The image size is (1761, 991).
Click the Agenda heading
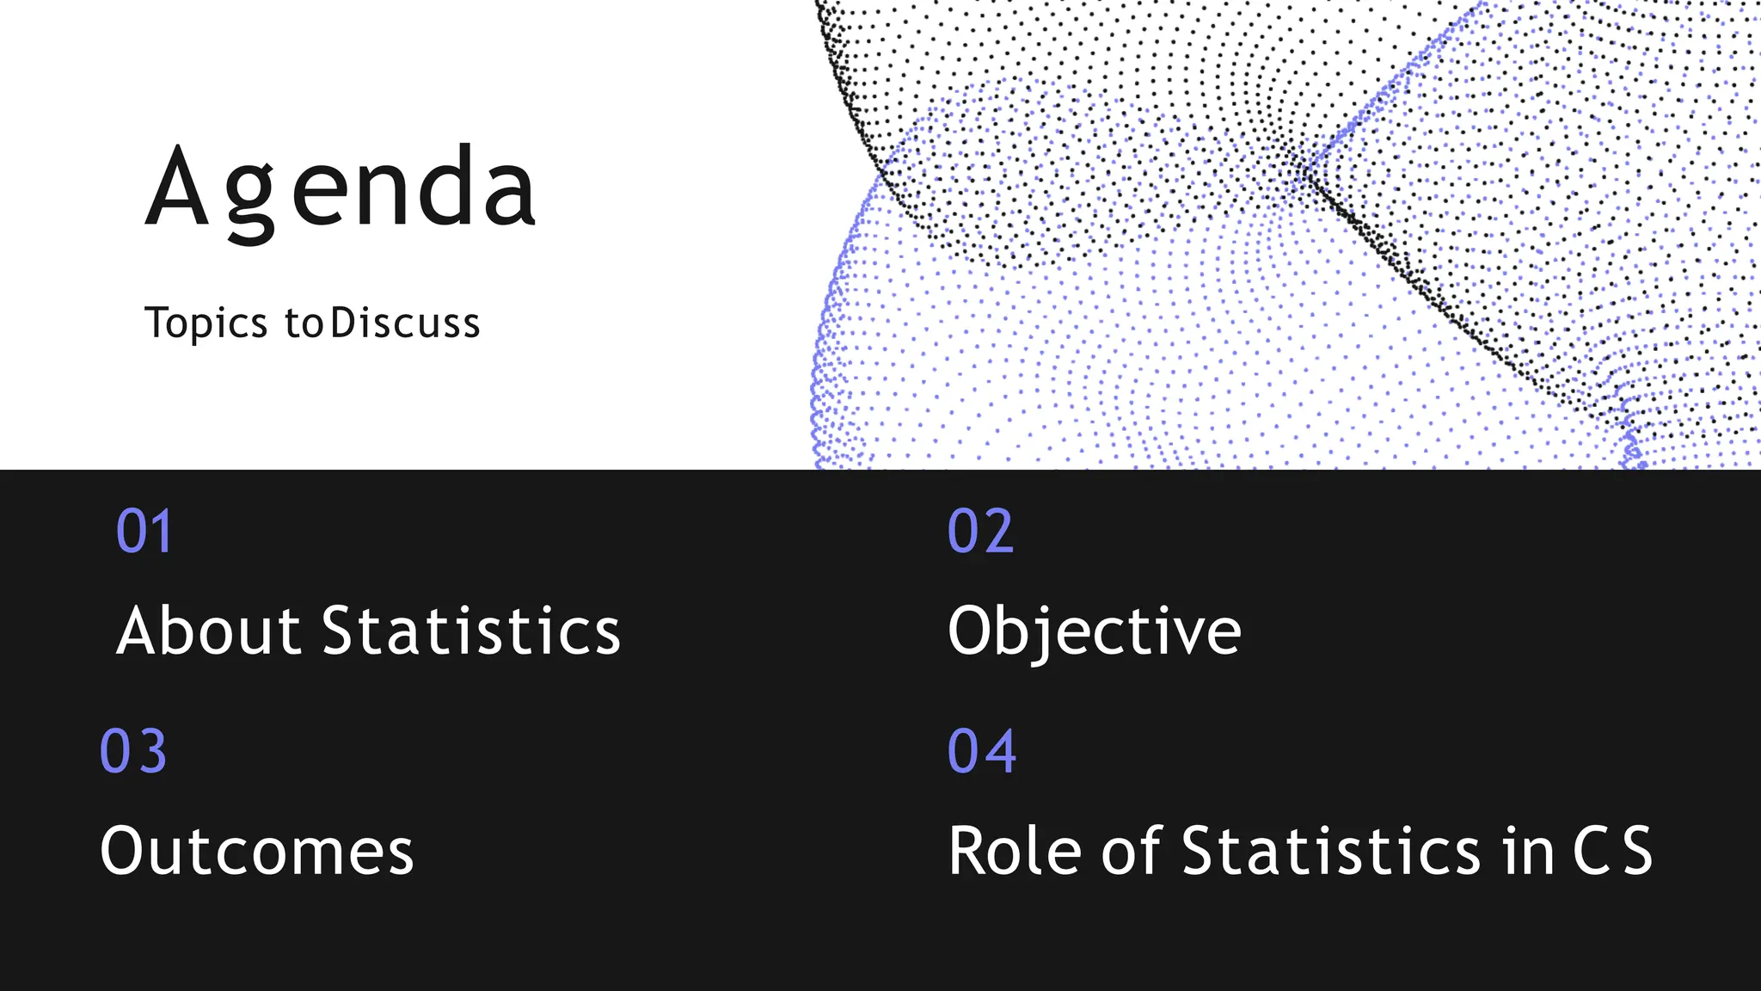(341, 189)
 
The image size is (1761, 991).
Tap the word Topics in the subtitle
(206, 323)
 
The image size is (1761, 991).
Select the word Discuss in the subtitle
(405, 323)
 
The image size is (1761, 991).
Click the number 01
(144, 531)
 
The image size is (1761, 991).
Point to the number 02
(980, 531)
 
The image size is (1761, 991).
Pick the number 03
(133, 751)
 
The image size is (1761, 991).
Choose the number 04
(982, 751)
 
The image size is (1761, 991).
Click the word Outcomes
(256, 851)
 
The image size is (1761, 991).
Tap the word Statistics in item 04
(1331, 851)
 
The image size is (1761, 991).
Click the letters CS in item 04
(1612, 851)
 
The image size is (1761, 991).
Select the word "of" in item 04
(1132, 851)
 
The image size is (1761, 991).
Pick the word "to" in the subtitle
(304, 325)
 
